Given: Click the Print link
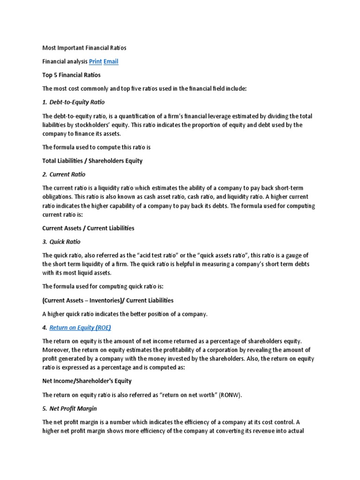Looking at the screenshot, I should (95, 61).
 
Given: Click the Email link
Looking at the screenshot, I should (111, 61).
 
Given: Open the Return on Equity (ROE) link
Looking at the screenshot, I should (80, 328).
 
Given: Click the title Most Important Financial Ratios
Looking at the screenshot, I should (84, 48).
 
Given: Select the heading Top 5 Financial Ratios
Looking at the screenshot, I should (71, 75).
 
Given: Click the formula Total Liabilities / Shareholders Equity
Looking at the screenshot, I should (92, 161).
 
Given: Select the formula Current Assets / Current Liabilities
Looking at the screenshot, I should (88, 228).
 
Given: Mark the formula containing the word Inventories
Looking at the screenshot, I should (108, 300).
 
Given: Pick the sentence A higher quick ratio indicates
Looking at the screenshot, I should (125, 314).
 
